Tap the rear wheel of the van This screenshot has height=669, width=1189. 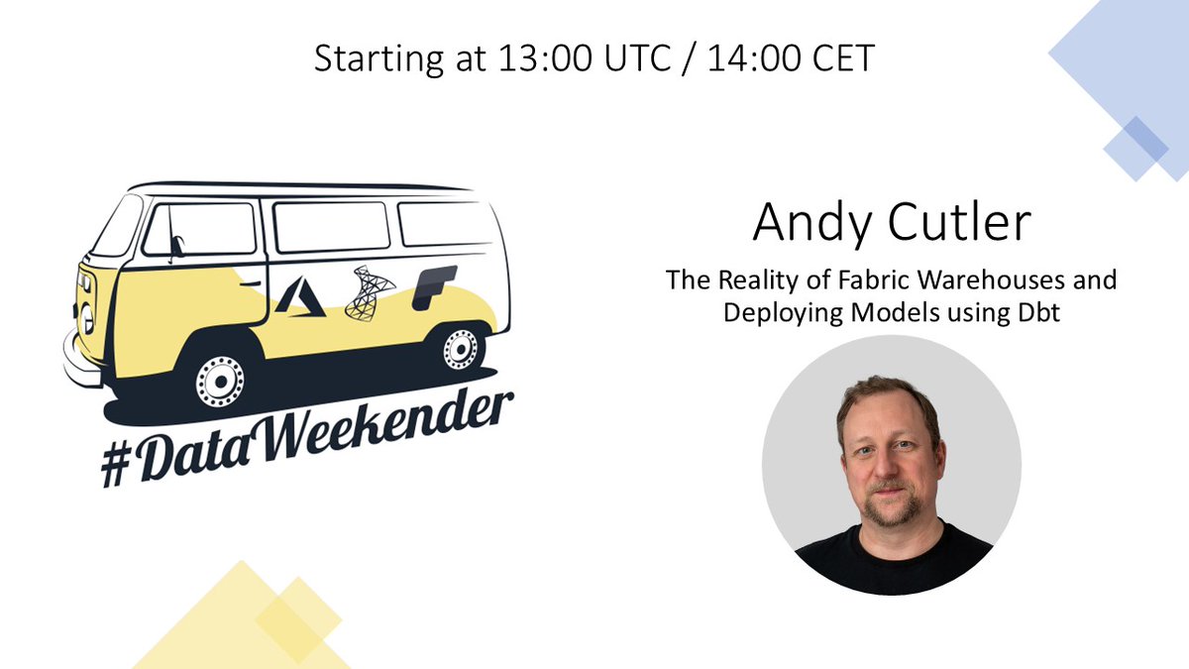(459, 348)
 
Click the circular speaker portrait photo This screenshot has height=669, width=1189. (891, 465)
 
